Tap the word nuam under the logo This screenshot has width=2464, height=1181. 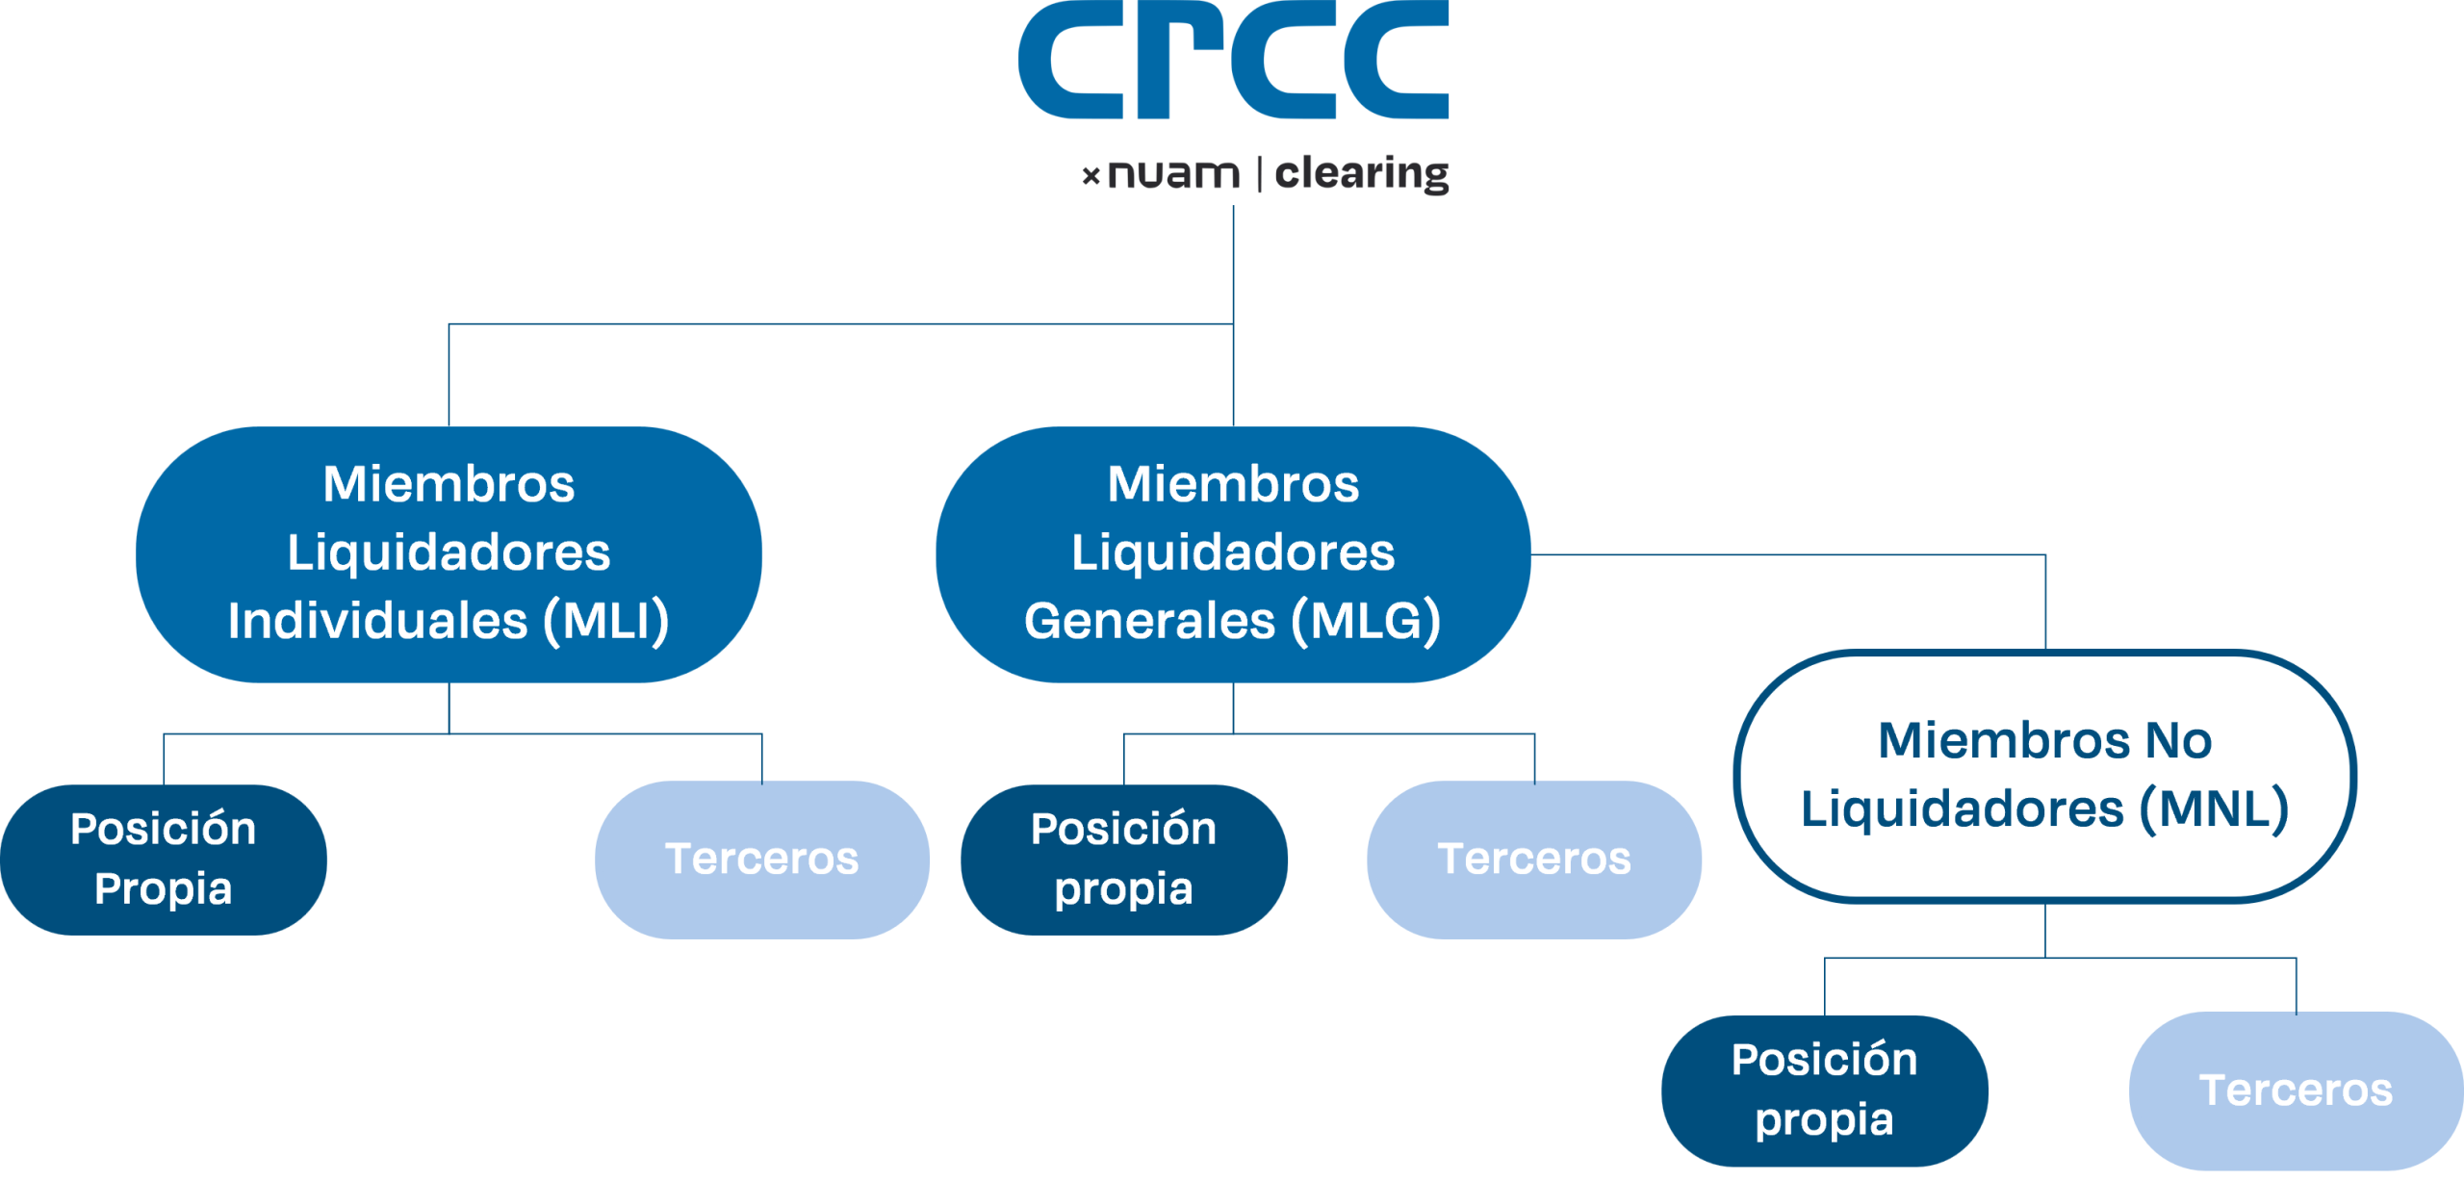[1173, 174]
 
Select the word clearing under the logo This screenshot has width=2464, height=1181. [1361, 174]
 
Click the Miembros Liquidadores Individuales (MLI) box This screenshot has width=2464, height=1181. [449, 553]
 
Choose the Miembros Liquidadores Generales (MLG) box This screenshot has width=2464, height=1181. [1233, 553]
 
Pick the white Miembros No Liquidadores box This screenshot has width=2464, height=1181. [2044, 775]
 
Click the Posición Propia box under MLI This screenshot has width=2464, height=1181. [163, 859]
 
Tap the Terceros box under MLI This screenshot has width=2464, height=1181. [761, 859]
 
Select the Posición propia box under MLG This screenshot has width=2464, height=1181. [1123, 859]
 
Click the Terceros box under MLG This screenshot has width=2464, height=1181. [1533, 859]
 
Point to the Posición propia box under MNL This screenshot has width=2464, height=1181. [1824, 1090]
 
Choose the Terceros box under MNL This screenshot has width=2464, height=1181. [2296, 1090]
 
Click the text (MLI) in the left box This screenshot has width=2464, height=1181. [606, 621]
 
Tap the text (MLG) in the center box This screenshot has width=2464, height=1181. [1366, 621]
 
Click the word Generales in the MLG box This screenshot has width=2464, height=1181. [1149, 621]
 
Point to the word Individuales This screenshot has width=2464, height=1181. [377, 621]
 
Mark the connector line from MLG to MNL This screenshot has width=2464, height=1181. [1790, 554]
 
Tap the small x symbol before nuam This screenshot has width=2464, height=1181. [1091, 175]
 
